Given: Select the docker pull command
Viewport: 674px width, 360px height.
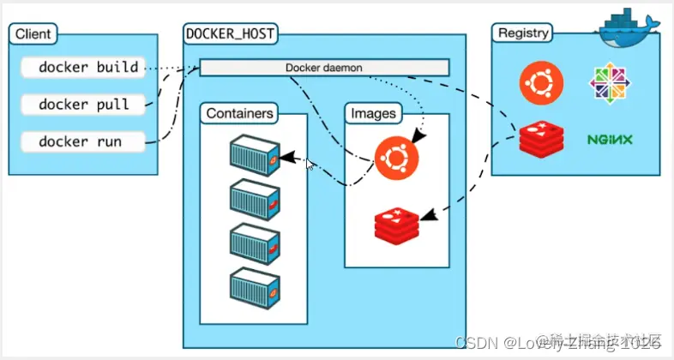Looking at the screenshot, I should (x=83, y=104).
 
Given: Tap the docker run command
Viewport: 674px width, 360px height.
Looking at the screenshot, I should (x=80, y=141).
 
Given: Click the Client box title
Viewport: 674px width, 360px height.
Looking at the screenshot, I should (x=33, y=34).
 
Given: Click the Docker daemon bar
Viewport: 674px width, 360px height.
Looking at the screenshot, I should (x=324, y=67).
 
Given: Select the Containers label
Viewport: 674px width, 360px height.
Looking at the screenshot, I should (x=240, y=112).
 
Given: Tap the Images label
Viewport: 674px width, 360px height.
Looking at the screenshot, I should (x=374, y=112).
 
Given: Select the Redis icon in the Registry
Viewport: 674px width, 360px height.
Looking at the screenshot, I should (x=540, y=139).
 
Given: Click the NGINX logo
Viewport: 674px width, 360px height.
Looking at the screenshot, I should (x=611, y=139).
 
